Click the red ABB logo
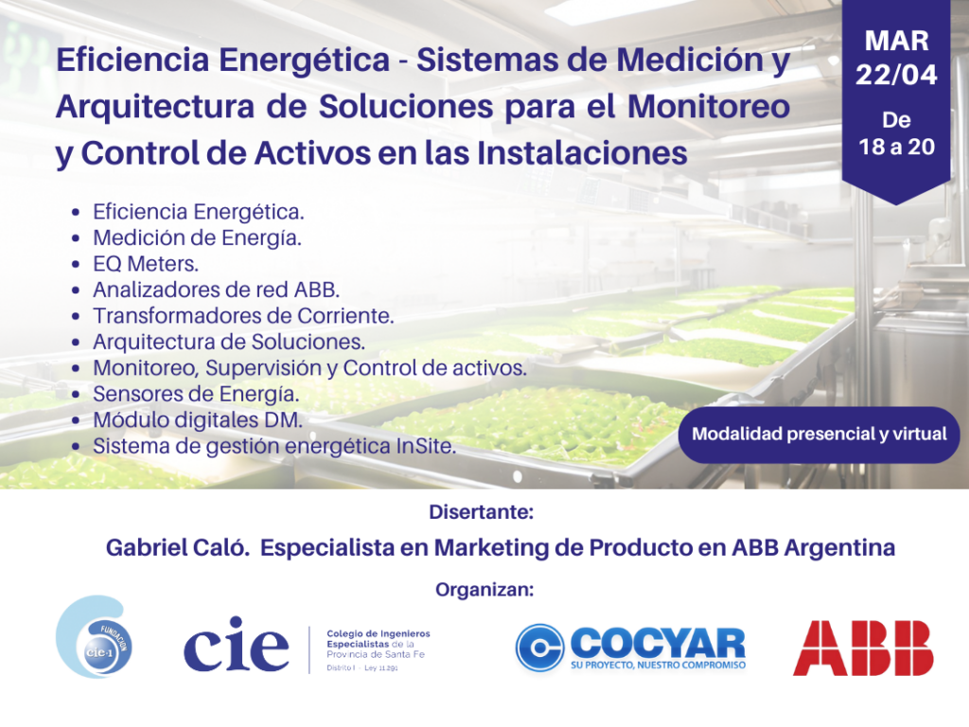[x=863, y=647]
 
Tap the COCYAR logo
[x=630, y=647]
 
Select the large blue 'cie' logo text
[x=236, y=644]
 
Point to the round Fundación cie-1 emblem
[x=94, y=637]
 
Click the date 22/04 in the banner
[x=896, y=75]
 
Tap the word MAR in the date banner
[x=896, y=41]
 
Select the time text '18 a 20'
[x=896, y=147]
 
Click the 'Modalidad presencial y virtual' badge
[x=819, y=434]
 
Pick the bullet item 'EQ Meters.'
[x=146, y=264]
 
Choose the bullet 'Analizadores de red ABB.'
[x=217, y=290]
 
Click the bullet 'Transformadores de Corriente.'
[x=243, y=316]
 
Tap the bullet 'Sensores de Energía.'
[x=196, y=394]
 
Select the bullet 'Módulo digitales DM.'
[x=198, y=419]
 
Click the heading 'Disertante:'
[x=481, y=512]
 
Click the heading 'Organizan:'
[x=484, y=590]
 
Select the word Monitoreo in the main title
[x=709, y=106]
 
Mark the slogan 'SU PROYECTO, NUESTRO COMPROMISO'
[x=659, y=665]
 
